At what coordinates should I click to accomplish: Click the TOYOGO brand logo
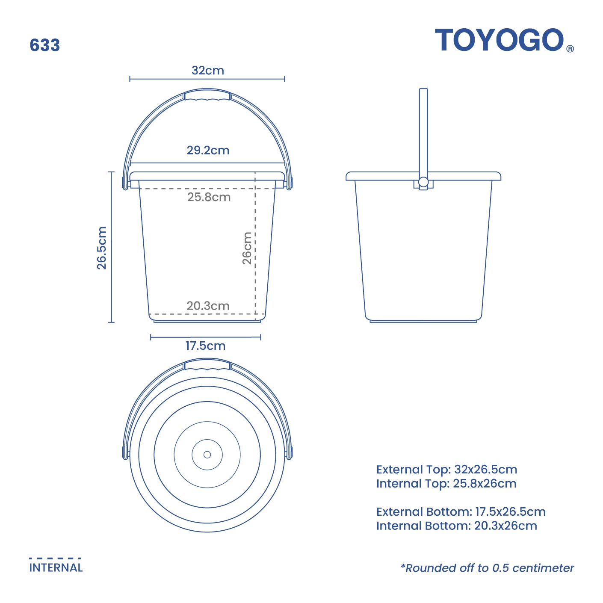click(x=500, y=40)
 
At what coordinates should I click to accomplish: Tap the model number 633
click(x=45, y=45)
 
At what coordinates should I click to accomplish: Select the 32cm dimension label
click(x=207, y=71)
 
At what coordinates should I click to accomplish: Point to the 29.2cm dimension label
click(x=208, y=151)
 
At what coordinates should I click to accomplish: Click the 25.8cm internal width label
click(x=209, y=197)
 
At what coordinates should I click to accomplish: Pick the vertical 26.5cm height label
click(x=102, y=248)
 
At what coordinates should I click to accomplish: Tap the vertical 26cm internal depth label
click(x=247, y=248)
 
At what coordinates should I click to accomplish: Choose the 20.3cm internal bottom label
click(x=208, y=306)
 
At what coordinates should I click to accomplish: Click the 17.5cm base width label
click(x=205, y=346)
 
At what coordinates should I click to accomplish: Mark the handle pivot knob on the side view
click(x=423, y=182)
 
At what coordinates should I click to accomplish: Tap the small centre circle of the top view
click(x=207, y=455)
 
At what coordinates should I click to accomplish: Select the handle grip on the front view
click(x=207, y=95)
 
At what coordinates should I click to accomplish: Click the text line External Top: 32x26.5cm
click(x=446, y=470)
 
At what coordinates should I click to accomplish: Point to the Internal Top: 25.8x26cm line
click(x=446, y=484)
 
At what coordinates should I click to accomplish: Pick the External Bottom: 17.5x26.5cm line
click(x=461, y=512)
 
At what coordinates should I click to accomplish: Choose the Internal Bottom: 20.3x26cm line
click(x=456, y=526)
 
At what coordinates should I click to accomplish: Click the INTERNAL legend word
click(x=56, y=568)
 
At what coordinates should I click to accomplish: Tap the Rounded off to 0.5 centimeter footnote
click(x=487, y=568)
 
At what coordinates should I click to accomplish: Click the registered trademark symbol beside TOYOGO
click(x=570, y=49)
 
